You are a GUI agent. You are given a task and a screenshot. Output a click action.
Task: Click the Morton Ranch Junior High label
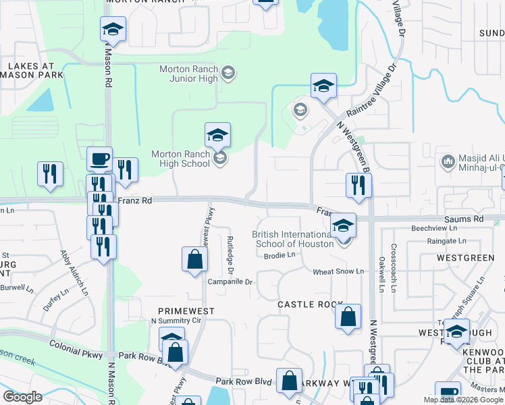(x=188, y=74)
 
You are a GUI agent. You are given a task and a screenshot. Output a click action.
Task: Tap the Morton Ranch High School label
(x=180, y=159)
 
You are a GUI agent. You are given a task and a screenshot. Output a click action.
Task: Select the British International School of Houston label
(x=293, y=239)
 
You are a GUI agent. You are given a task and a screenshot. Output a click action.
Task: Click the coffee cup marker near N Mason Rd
(x=100, y=160)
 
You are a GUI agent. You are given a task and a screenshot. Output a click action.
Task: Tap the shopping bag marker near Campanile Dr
(x=194, y=260)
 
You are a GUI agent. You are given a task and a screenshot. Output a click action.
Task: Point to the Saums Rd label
(x=464, y=219)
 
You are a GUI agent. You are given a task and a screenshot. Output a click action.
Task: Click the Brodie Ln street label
(x=280, y=255)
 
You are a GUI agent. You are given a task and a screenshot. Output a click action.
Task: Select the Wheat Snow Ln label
(x=338, y=271)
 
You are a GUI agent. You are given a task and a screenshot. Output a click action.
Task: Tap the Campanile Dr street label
(x=230, y=281)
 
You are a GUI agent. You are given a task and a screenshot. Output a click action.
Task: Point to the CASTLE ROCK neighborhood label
(x=306, y=304)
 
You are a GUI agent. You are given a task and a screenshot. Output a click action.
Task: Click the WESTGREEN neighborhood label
(x=465, y=258)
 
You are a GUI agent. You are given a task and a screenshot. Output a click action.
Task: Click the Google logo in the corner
(x=22, y=397)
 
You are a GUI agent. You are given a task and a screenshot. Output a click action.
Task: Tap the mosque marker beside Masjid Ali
(x=447, y=162)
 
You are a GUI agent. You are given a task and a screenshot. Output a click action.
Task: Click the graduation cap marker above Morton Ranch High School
(x=218, y=135)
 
